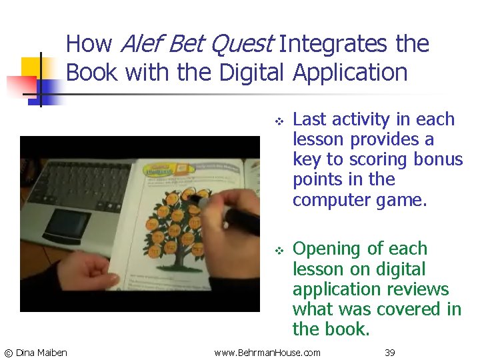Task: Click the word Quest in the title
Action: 241,45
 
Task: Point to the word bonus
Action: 437,159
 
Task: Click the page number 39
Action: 389,352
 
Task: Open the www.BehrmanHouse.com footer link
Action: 267,352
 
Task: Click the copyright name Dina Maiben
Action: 41,352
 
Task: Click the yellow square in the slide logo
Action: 31,67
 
